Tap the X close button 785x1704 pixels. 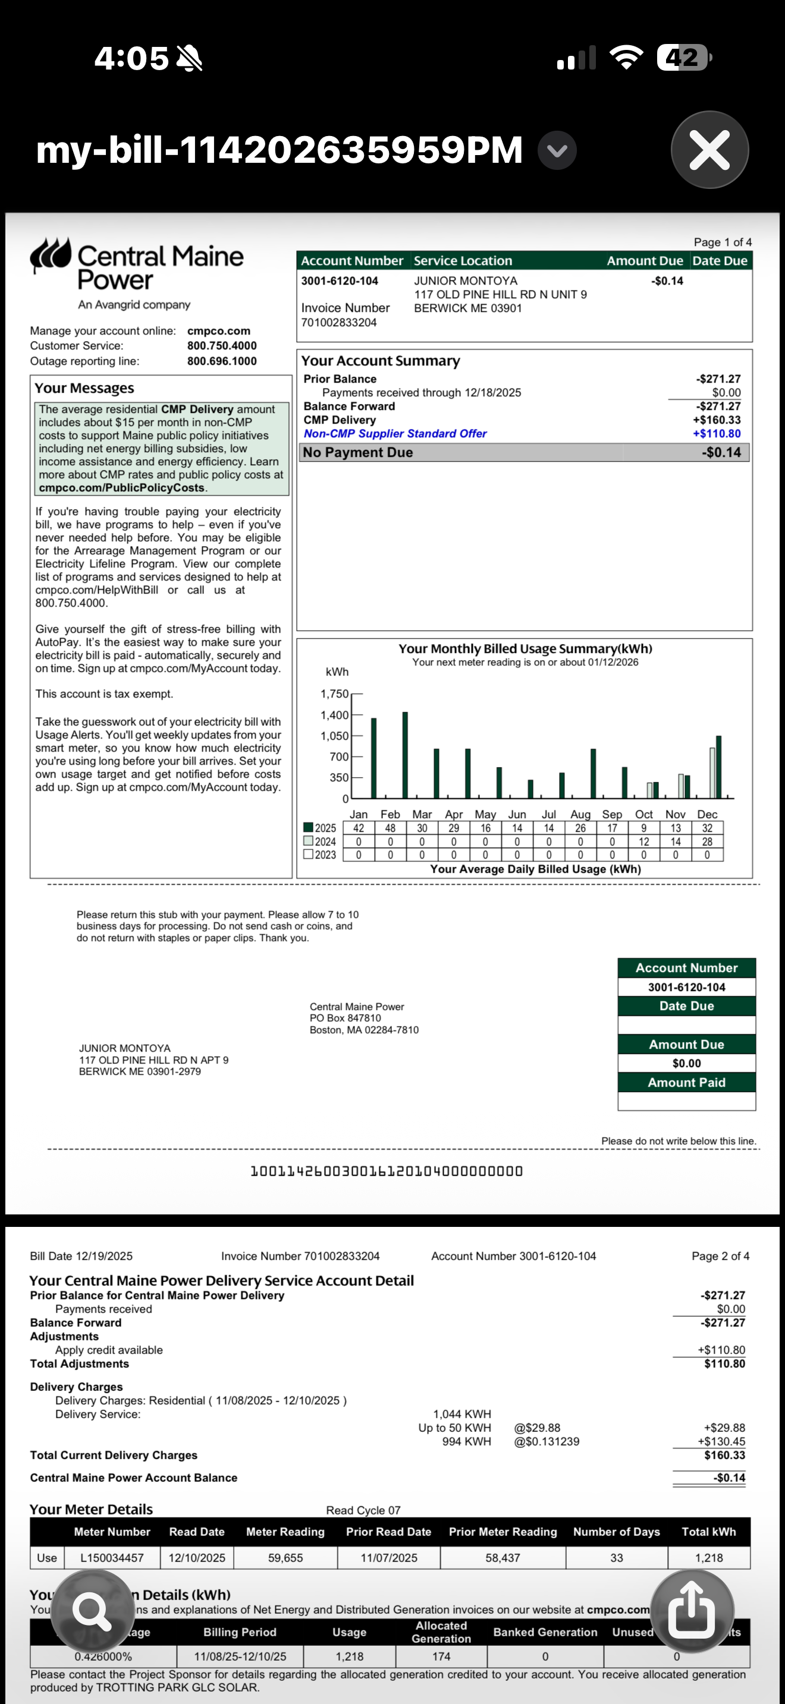tap(709, 150)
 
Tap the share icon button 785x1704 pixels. tap(692, 1612)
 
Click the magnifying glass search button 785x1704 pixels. tap(92, 1612)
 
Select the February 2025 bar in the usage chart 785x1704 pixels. tap(405, 755)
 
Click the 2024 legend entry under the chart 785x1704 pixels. tap(320, 841)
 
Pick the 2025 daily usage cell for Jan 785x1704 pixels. tap(359, 828)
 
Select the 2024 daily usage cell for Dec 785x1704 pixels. tap(707, 841)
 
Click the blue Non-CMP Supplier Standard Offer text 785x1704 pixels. tap(395, 434)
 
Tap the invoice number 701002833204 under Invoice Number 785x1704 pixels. tap(339, 323)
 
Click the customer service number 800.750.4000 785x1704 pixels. tap(222, 346)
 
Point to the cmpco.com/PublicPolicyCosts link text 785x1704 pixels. tap(122, 488)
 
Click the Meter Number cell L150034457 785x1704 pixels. tap(112, 1558)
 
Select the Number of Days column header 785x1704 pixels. tap(616, 1532)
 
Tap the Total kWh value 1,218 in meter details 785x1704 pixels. tap(709, 1558)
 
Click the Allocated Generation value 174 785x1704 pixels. tap(441, 1656)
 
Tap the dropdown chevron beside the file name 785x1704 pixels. tap(557, 151)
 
